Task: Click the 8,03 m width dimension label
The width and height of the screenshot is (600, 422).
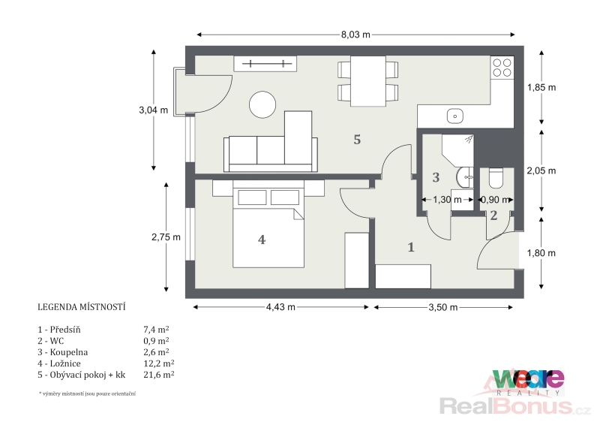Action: (355, 35)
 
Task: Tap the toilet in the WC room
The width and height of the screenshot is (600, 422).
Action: (496, 179)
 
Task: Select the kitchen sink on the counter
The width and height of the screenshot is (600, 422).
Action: (455, 116)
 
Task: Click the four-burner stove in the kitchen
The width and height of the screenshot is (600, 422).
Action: (502, 68)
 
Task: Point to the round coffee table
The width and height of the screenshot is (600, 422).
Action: (262, 104)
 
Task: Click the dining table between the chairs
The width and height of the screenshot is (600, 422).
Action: (368, 81)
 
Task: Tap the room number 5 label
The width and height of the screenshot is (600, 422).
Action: (357, 140)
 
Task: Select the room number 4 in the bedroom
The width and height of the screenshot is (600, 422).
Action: (262, 240)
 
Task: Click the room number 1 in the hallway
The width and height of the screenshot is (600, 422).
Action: (411, 247)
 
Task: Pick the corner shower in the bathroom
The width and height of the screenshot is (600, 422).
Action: (458, 150)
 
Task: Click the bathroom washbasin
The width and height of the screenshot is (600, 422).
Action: (464, 178)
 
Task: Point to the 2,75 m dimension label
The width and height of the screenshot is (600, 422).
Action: (166, 237)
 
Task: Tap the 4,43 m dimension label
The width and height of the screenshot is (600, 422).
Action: (280, 307)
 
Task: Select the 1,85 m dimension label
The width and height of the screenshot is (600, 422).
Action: (541, 87)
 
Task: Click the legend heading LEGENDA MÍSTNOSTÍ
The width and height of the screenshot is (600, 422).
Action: (82, 307)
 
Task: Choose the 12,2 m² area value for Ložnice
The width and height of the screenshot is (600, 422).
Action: (159, 363)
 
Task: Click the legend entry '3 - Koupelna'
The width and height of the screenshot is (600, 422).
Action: (63, 352)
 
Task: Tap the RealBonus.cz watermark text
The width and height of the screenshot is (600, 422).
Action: (514, 406)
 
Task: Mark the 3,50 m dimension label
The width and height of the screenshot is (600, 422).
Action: (443, 307)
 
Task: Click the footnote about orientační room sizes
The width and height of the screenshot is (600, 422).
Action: (87, 393)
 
